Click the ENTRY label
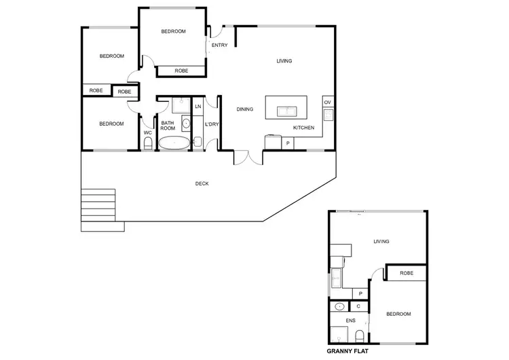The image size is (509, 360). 219,46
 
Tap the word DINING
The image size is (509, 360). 244,109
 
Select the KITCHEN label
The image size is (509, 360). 303,128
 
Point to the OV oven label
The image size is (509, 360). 327,103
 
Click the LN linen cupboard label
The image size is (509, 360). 198,107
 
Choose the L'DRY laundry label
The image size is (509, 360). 211,124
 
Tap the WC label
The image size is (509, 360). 147,132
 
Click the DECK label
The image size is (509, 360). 202,183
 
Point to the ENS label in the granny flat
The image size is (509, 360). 350,320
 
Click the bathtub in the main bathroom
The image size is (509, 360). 174,143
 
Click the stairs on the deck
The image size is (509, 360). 99,202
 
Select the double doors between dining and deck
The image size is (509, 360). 248,157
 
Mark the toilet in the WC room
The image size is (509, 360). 147,145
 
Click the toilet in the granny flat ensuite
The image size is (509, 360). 358,335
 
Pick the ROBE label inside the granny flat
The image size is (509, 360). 406,273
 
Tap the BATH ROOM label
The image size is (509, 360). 168,126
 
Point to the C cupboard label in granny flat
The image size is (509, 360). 358,306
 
